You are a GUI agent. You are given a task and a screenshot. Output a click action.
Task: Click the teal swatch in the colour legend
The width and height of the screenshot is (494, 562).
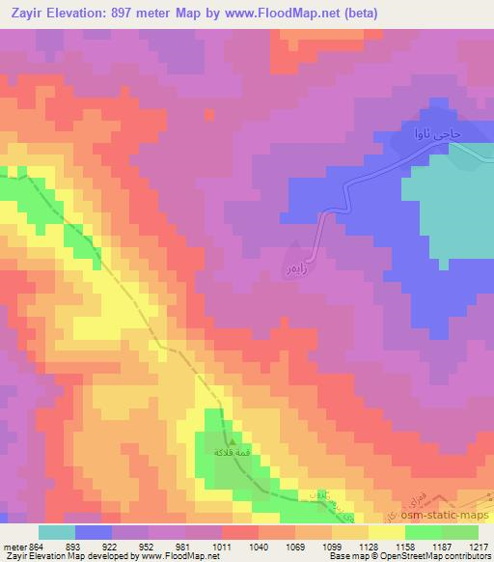click(x=57, y=532)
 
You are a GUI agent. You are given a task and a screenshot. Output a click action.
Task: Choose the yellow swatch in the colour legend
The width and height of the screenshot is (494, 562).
click(x=387, y=532)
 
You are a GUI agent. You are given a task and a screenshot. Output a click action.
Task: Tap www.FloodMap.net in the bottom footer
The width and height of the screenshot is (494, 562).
click(x=169, y=556)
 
